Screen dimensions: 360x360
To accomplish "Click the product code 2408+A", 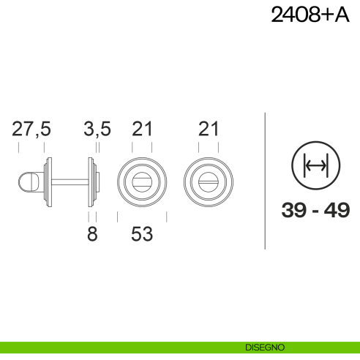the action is coord(310,15).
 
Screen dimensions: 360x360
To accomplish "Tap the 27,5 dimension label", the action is coord(31,129).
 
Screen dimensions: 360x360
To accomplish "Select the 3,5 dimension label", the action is coord(97,129).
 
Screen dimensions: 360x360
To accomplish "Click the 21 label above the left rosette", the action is coord(142,129).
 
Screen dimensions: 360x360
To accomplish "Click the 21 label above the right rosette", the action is coord(209,129).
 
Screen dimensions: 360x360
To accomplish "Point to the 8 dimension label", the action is coord(92,234).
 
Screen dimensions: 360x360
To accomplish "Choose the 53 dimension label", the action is coord(142,234).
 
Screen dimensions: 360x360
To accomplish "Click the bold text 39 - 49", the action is coord(315,210).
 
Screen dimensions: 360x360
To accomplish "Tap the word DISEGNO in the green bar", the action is coord(265,348).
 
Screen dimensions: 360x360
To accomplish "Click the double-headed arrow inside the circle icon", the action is coord(315,166).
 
